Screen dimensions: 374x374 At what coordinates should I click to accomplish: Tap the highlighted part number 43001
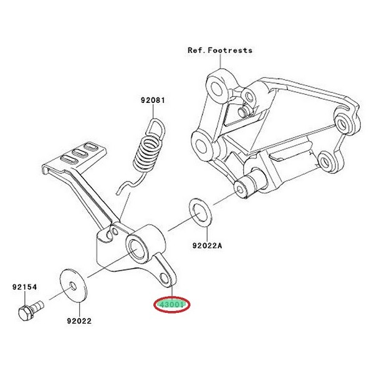pyautogui.click(x=171, y=305)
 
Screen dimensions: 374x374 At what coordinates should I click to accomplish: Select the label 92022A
pyautogui.click(x=206, y=246)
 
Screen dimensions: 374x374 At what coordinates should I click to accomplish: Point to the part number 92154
pyautogui.click(x=25, y=287)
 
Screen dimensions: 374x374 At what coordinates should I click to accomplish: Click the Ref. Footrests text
pyautogui.click(x=220, y=50)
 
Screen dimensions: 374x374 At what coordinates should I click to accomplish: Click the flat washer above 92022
pyautogui.click(x=73, y=287)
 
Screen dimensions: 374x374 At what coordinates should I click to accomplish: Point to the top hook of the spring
pyautogui.click(x=158, y=128)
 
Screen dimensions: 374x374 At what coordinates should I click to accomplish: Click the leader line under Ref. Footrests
pyautogui.click(x=217, y=65)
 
